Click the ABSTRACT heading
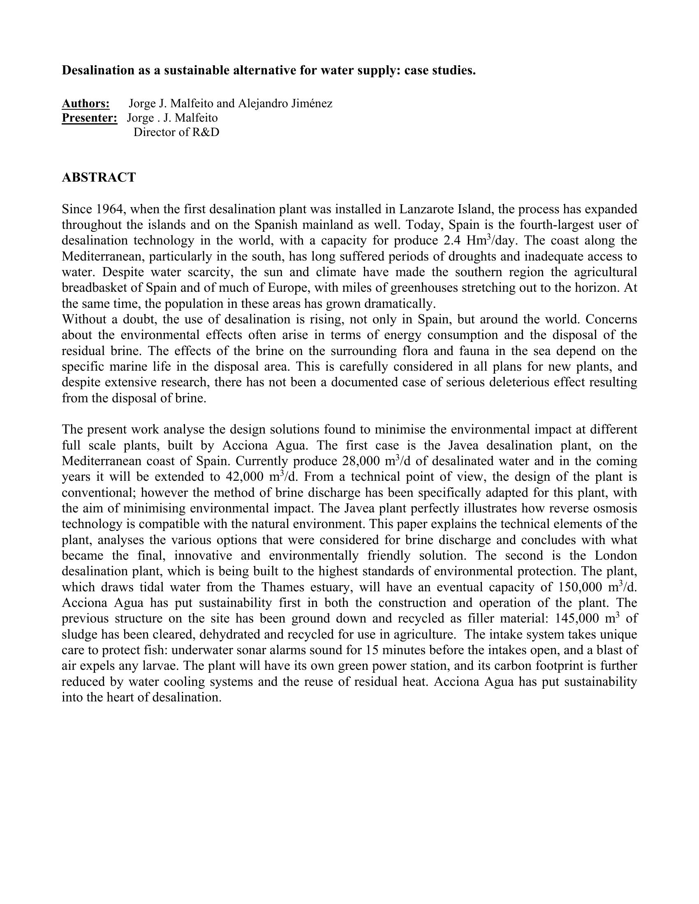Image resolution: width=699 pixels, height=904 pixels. point(99,178)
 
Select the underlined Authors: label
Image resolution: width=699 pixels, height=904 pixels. point(86,103)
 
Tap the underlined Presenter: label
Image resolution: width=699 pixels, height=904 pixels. point(90,118)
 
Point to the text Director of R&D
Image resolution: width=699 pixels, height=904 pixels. point(176,132)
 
